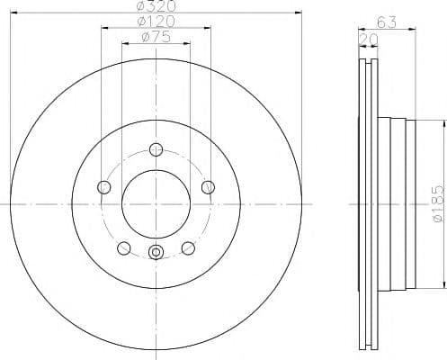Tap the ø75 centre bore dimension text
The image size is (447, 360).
(156, 37)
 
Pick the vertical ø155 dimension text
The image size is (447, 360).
(436, 206)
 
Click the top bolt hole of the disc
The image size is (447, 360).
(156, 149)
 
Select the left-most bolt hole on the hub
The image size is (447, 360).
(103, 187)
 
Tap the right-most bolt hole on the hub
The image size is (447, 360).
(209, 187)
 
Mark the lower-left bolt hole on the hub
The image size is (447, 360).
(123, 247)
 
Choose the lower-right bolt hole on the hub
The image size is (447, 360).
(188, 247)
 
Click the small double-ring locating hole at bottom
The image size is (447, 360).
(156, 253)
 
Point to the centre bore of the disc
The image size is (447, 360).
(156, 204)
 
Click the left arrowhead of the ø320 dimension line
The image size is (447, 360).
(13, 13)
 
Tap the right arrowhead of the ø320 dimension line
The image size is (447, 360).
(298, 13)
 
